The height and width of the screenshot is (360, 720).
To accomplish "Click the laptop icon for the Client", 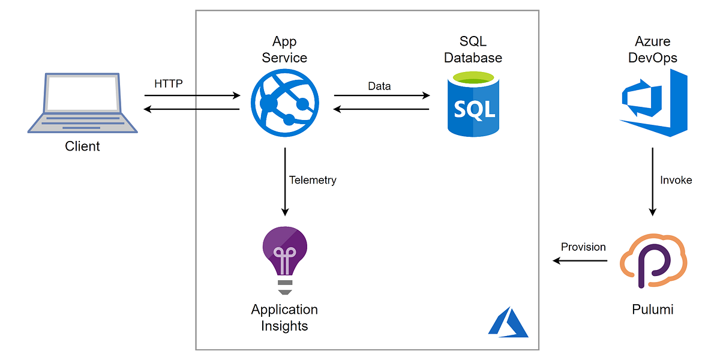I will coord(82,102).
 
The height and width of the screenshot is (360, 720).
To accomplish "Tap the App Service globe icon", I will coord(285,100).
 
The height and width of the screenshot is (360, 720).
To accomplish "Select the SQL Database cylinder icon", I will coord(473,103).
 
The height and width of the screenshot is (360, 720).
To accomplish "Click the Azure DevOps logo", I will coord(653,103).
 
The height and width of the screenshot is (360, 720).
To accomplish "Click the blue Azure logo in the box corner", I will coord(508,323).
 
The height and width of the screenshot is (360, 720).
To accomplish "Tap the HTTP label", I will coord(169,84).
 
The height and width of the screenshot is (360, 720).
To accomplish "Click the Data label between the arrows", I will coord(379,86).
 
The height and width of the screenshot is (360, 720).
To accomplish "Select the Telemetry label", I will coord(313,179).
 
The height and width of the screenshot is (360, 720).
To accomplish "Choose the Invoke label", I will coord(676,179).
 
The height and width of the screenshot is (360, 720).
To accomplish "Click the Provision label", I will coord(583,247).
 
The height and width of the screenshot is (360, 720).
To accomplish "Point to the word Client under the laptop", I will coord(82,146).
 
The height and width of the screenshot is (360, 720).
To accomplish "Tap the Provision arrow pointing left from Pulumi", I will coord(580,260).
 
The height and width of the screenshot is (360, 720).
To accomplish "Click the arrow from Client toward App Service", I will coord(192,95).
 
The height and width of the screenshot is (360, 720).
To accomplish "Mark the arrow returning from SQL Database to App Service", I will coord(382,109).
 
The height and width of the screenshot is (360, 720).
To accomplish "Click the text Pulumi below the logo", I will coord(653,310).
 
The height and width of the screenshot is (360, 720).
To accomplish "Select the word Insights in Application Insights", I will coord(284,326).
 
